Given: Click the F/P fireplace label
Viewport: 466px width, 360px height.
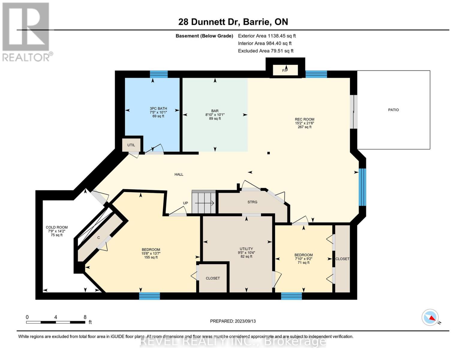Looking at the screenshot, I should point(285,70).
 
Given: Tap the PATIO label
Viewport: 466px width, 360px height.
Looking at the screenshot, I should point(393,110).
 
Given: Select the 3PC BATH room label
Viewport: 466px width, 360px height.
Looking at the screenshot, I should point(158,112).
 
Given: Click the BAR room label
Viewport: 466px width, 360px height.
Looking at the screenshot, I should point(215,115).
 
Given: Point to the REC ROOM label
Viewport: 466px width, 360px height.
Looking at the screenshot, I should point(304,123).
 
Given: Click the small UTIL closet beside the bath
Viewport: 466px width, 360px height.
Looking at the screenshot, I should point(131,145).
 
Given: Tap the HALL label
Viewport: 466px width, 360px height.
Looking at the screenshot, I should point(179,174).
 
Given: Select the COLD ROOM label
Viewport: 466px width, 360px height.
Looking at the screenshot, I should point(57,231).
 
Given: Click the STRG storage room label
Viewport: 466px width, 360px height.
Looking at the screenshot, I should point(252,202).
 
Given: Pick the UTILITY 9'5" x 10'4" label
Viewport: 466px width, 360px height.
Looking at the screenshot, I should point(246,252).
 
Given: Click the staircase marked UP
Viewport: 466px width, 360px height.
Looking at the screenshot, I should point(204,202).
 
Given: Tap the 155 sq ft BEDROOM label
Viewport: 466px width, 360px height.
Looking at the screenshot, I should point(151,253).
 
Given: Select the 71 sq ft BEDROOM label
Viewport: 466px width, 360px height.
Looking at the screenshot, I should point(303,259).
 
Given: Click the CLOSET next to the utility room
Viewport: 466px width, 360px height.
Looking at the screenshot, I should point(213,278).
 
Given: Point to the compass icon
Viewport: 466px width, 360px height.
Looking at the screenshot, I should point(430,317).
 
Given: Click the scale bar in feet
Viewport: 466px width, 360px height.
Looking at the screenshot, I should point(56,322).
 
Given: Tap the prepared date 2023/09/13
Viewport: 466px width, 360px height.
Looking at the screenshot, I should point(233,321).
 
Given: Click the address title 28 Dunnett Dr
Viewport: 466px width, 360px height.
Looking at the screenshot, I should point(233,22).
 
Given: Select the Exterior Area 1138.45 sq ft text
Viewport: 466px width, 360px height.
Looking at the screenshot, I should point(267,36).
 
